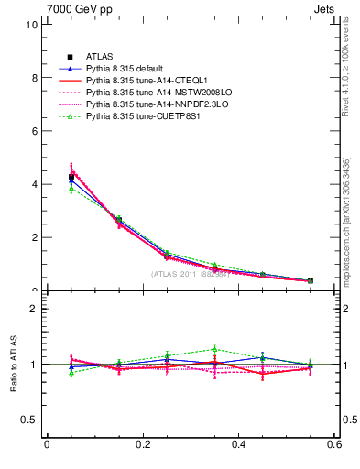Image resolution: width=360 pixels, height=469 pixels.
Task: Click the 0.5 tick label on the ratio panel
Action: [29, 420]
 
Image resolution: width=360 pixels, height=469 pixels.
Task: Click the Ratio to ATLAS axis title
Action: [13, 365]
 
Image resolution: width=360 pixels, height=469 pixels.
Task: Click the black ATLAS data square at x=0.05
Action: [71, 177]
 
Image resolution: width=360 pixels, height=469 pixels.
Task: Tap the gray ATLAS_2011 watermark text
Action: [191, 274]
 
